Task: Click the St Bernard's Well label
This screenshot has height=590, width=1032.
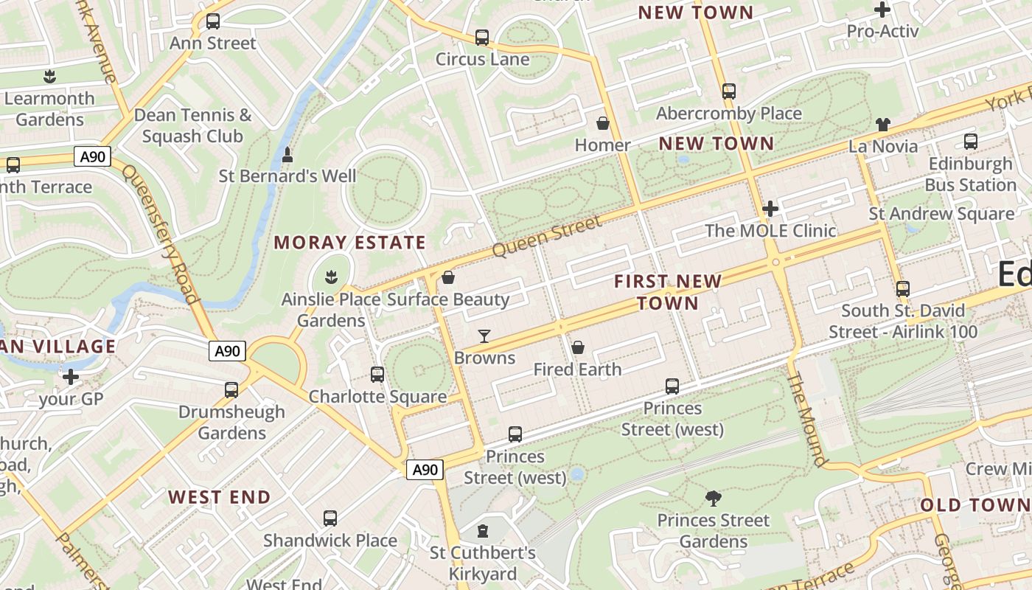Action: pos(287,176)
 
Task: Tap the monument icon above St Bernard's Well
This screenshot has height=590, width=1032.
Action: pos(287,155)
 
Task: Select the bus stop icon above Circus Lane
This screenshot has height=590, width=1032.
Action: pos(482,37)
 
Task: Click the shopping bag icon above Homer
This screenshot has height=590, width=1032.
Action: pos(603,123)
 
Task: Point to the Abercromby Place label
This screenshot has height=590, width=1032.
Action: pos(728,114)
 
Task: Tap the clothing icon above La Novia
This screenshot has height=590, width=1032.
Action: pos(883,125)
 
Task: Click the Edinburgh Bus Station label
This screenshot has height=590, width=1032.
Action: pos(970,174)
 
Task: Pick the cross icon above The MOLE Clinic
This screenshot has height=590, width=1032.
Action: pos(770,209)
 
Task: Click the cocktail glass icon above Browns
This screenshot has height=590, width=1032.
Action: pos(484,336)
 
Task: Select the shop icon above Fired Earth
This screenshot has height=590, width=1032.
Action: pos(578,347)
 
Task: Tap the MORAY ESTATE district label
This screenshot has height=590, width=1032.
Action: pos(350,243)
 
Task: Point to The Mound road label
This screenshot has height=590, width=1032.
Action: pos(806,419)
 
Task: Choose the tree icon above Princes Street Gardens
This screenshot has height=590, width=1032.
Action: pos(713,499)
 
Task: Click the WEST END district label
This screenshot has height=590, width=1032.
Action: pos(219,497)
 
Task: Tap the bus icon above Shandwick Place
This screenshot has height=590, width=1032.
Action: pos(330,518)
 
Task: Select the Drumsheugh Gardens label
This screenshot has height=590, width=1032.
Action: pos(231,423)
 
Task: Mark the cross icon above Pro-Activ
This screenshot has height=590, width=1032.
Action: pos(882,10)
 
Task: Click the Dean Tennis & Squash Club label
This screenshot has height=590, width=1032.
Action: pos(192,125)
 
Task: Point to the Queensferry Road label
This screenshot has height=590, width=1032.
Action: pos(161,235)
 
